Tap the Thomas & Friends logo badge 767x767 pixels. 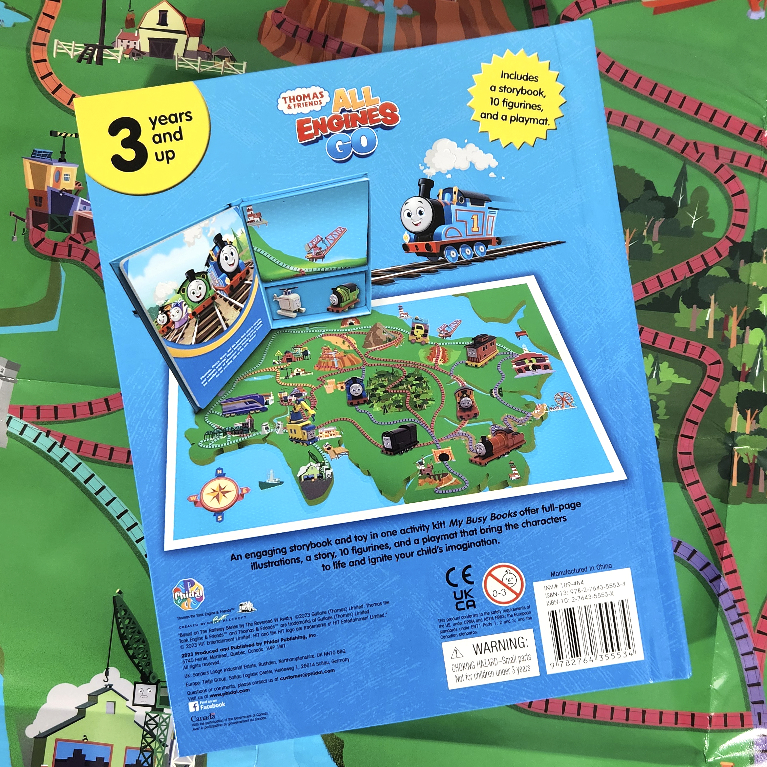[x=303, y=101]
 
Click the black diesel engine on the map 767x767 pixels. [x=399, y=438]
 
